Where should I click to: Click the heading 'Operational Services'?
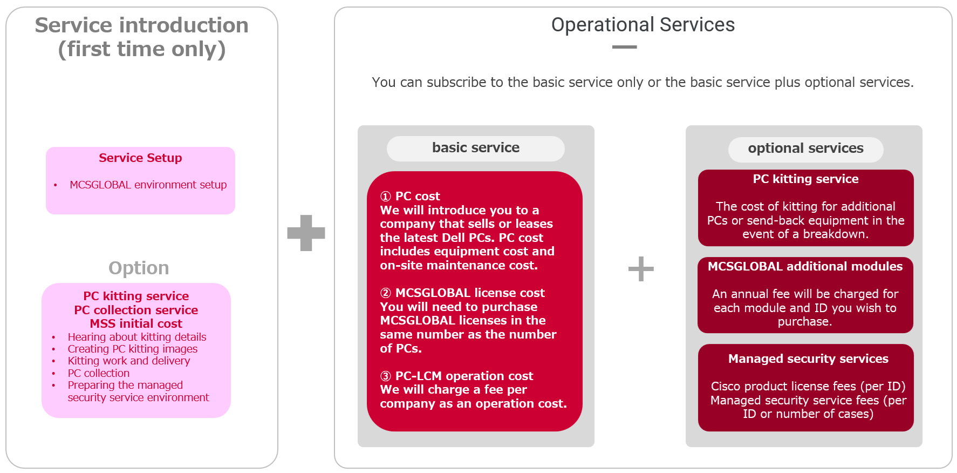642,25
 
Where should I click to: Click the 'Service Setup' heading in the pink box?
140,158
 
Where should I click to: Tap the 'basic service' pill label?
476,147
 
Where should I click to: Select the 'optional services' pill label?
805,148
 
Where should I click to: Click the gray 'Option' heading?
139,268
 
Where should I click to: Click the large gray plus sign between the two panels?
306,233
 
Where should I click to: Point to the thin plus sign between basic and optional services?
641,269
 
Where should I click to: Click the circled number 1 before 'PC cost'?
386,196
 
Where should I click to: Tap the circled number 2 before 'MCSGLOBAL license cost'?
386,293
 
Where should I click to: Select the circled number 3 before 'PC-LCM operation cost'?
386,376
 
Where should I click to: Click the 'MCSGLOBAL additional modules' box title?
805,266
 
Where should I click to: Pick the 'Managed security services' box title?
808,359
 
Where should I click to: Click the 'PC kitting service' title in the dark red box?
805,179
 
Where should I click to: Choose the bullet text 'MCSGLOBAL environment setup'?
148,185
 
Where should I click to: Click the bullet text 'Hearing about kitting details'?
137,337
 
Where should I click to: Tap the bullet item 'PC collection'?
99,373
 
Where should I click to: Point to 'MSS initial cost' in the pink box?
136,323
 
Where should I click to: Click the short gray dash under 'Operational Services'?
625,47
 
